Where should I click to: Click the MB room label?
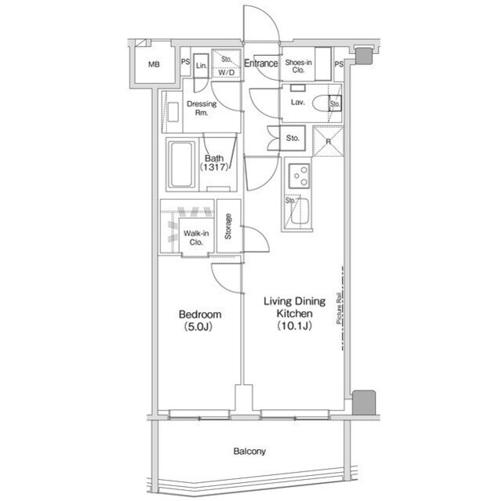pos(154,64)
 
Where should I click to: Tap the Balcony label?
pos(249,452)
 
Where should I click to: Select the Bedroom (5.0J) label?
pos(200,320)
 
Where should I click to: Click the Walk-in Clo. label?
pos(196,238)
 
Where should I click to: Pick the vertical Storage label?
pos(228,227)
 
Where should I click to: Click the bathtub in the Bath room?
pos(182,165)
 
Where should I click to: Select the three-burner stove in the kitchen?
pos(300,176)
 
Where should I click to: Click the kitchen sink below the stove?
pos(300,212)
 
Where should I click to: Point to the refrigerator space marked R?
pos(328,141)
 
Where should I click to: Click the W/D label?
pos(227,73)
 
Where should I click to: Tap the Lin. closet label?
pos(202,66)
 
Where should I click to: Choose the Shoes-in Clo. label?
pos(298,66)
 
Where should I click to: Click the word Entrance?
pos(261,64)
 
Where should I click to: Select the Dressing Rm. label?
pos(202,108)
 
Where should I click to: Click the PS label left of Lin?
pos(185,62)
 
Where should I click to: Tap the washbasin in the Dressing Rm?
pos(173,112)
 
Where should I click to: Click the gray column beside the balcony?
pos(364,402)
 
